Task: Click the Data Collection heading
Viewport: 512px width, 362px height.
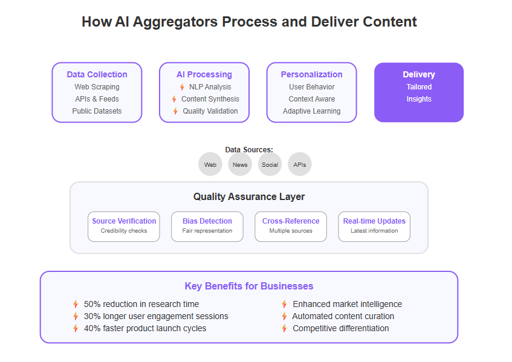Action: pyautogui.click(x=97, y=74)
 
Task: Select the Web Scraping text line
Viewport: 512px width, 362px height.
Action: pyautogui.click(x=97, y=87)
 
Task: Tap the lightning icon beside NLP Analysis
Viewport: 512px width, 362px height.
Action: pyautogui.click(x=182, y=87)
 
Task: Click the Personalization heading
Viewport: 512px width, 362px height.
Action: pyautogui.click(x=311, y=74)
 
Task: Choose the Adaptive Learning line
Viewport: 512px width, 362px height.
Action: pyautogui.click(x=311, y=111)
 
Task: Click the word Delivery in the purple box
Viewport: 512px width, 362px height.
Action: pyautogui.click(x=419, y=74)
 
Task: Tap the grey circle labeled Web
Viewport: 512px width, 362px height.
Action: pyautogui.click(x=210, y=164)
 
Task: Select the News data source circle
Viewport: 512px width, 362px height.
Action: pyautogui.click(x=240, y=164)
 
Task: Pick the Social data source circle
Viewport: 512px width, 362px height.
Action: pyautogui.click(x=270, y=164)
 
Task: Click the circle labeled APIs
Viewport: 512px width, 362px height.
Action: pyautogui.click(x=299, y=164)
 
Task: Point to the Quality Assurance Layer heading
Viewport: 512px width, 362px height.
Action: pyautogui.click(x=249, y=196)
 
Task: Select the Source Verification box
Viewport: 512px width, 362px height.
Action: pyautogui.click(x=124, y=227)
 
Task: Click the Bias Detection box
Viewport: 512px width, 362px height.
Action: pyautogui.click(x=207, y=227)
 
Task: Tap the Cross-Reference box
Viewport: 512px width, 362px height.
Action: pyautogui.click(x=291, y=227)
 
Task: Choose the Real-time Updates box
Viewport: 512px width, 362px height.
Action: pyautogui.click(x=374, y=227)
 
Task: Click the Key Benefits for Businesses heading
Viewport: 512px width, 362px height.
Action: pyautogui.click(x=249, y=286)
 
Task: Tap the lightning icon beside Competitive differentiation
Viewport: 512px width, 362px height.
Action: pyautogui.click(x=284, y=328)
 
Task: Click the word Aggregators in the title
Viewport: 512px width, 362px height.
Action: pyautogui.click(x=175, y=22)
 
